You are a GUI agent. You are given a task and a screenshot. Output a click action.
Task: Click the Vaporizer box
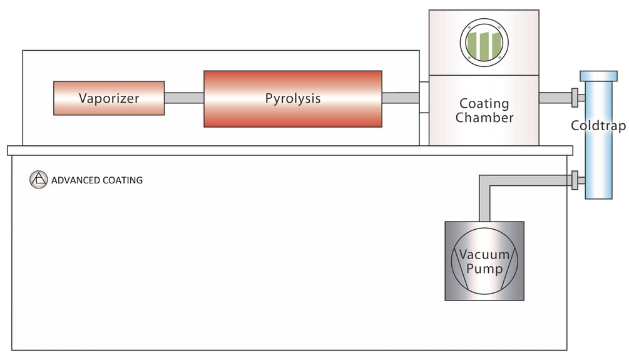click(x=109, y=98)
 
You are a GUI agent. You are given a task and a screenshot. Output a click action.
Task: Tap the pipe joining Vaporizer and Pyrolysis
click(x=184, y=98)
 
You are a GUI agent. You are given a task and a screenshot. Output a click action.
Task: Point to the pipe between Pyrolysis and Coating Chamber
click(x=401, y=98)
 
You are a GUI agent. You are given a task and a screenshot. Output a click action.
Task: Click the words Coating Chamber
click(x=484, y=110)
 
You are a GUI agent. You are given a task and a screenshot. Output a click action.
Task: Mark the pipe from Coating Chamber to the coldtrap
click(x=555, y=98)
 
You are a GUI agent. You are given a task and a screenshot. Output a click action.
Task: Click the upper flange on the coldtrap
click(x=575, y=98)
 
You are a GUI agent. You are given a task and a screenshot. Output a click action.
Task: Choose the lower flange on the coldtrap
click(x=575, y=180)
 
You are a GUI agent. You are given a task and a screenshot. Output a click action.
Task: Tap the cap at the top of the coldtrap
click(x=598, y=76)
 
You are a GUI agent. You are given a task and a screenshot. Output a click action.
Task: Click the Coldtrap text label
click(x=598, y=126)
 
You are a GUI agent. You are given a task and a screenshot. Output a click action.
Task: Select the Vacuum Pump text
click(x=484, y=262)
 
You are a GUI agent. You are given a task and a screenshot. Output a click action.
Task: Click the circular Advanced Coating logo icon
click(x=38, y=180)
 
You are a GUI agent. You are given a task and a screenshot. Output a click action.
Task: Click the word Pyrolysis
click(x=292, y=99)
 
